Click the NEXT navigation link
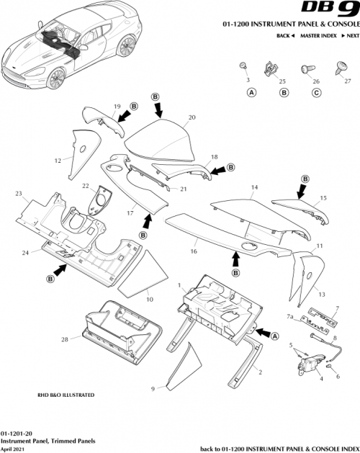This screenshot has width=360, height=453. click(350, 35)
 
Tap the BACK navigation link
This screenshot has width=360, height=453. click(286, 35)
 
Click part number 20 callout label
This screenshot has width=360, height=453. click(192, 117)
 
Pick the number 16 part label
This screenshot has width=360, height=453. click(193, 253)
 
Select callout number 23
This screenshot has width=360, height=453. click(19, 193)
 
